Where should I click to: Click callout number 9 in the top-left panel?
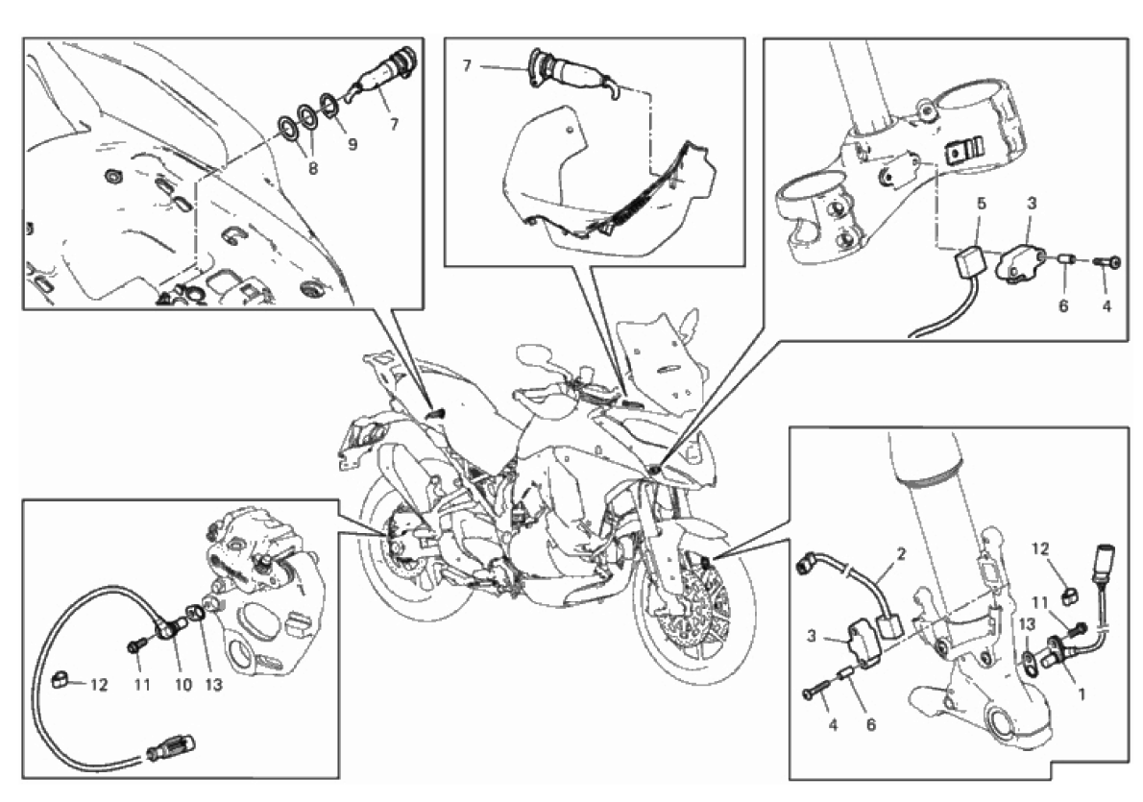pyautogui.click(x=353, y=144)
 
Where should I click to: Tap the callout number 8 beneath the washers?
pyautogui.click(x=313, y=168)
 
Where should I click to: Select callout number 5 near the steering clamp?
pyautogui.click(x=982, y=203)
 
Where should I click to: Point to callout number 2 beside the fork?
pyautogui.click(x=902, y=555)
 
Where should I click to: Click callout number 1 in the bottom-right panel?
pyautogui.click(x=1081, y=694)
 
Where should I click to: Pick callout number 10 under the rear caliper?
pyautogui.click(x=182, y=685)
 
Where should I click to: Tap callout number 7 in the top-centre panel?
pyautogui.click(x=467, y=66)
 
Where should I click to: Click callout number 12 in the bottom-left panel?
pyautogui.click(x=99, y=685)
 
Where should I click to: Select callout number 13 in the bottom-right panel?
pyautogui.click(x=1027, y=624)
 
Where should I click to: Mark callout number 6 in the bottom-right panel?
pyautogui.click(x=870, y=725)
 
